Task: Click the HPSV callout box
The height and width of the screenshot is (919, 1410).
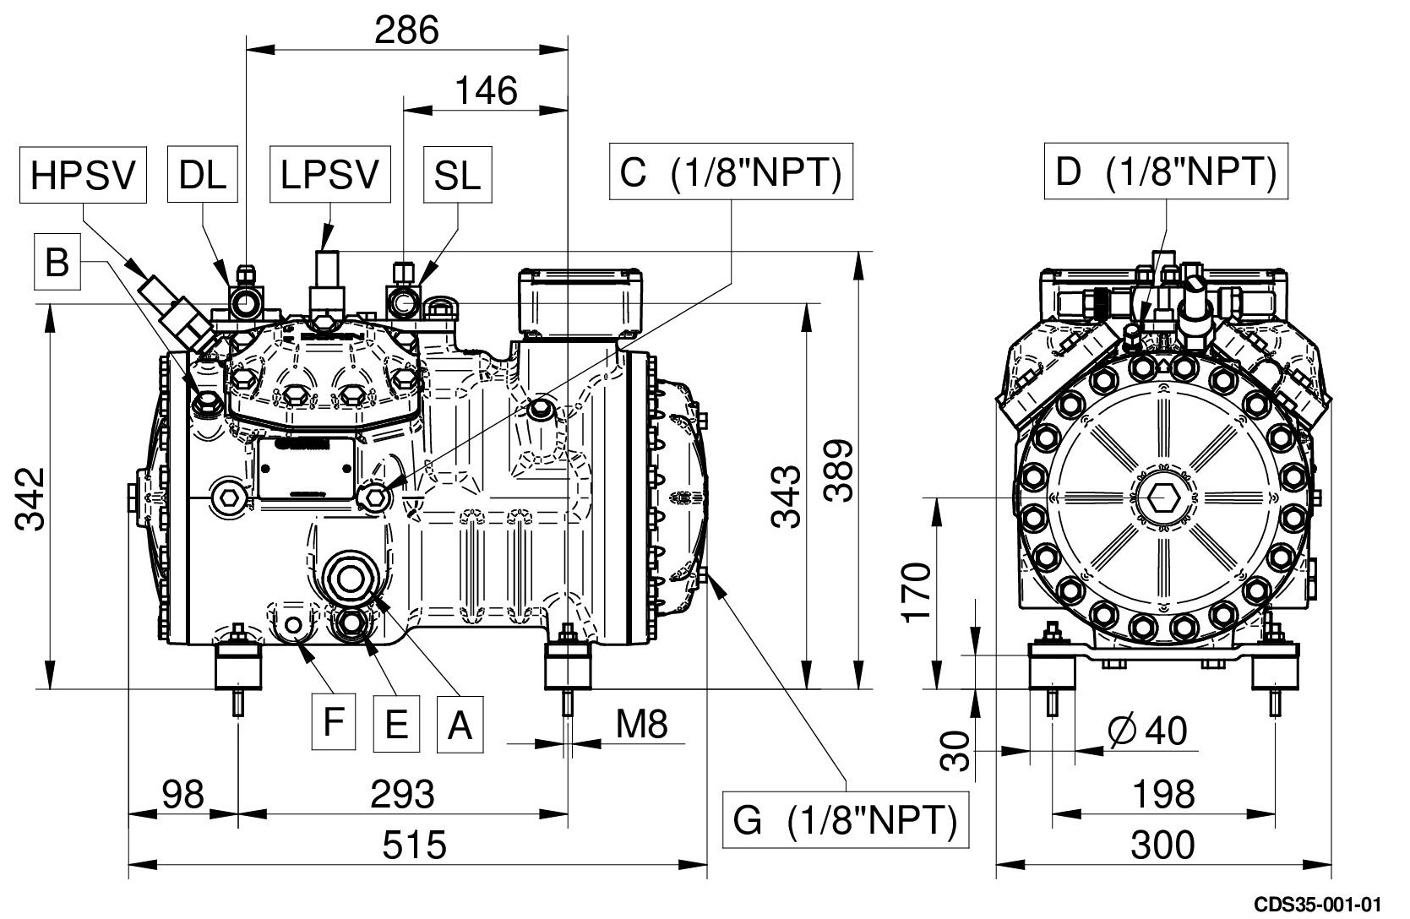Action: pyautogui.click(x=83, y=175)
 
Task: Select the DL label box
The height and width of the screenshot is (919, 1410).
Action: pyautogui.click(x=203, y=174)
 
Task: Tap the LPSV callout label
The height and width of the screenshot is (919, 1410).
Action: pyautogui.click(x=329, y=174)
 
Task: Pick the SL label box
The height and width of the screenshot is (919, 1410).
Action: pyautogui.click(x=458, y=174)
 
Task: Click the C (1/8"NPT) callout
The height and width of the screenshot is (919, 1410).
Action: pyautogui.click(x=731, y=171)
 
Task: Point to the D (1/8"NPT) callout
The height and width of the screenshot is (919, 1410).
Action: pyautogui.click(x=1166, y=171)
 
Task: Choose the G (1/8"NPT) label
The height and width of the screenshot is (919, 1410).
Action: pyautogui.click(x=846, y=820)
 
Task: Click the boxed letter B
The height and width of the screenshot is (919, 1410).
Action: pyautogui.click(x=57, y=262)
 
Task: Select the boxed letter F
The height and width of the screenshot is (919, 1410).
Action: pyautogui.click(x=334, y=722)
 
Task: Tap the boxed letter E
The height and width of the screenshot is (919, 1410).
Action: pyautogui.click(x=396, y=724)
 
